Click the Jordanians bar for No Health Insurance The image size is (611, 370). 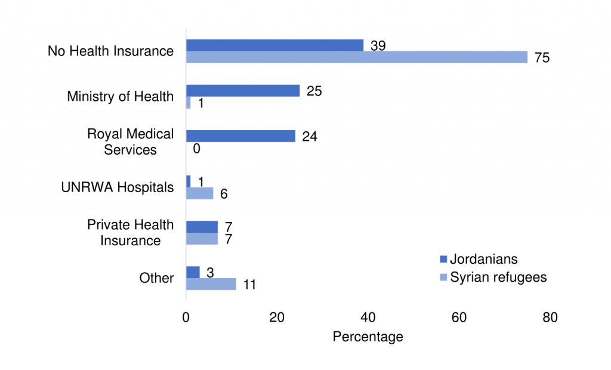(274, 45)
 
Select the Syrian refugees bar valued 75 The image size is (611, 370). (357, 57)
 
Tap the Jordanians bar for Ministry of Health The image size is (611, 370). (243, 91)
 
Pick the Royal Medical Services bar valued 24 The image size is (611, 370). (240, 136)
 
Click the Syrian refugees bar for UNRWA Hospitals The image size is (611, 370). (199, 193)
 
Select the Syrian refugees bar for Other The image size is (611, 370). (211, 284)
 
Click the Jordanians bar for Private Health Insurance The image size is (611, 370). (202, 227)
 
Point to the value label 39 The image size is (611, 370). (378, 45)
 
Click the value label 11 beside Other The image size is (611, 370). (249, 285)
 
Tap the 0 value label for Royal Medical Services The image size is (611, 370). (196, 149)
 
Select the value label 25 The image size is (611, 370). (314, 91)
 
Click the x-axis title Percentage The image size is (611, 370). (368, 337)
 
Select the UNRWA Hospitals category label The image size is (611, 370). (118, 187)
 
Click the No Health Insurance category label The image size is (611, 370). (110, 51)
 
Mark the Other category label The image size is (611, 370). (156, 278)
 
